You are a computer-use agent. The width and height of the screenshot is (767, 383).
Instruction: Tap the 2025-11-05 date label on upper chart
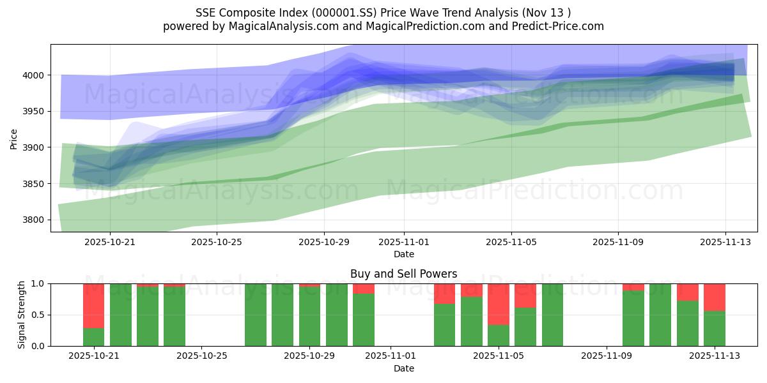coord(511,242)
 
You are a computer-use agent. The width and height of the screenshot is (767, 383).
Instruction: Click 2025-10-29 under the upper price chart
coord(323,242)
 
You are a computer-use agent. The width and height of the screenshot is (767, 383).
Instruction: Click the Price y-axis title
coord(13,138)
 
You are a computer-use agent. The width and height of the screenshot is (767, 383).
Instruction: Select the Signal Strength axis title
coord(22,315)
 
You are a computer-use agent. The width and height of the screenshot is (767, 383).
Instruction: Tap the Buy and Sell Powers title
coord(403,274)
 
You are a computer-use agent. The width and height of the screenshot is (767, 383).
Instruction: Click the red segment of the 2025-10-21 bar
coord(94,305)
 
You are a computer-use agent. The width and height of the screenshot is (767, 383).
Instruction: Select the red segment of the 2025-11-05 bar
coord(499,304)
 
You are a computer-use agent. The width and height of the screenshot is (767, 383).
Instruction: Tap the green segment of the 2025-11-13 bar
coord(715,328)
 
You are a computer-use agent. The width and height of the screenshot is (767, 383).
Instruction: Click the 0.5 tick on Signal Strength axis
coord(38,315)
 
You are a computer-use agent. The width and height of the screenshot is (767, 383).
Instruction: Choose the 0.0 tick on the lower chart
coord(38,346)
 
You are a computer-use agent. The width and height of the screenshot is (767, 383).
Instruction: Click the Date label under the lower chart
coord(403,368)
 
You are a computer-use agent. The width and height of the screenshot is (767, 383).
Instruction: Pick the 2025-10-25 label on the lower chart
coord(201,356)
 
